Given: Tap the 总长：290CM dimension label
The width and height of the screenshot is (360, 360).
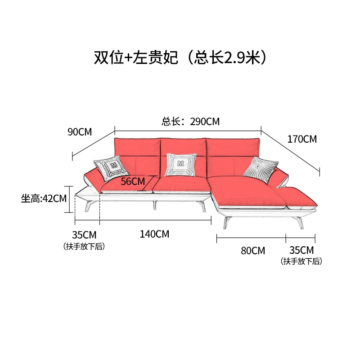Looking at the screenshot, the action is (x=191, y=121).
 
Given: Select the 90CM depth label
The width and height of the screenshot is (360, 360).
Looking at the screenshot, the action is (x=80, y=132).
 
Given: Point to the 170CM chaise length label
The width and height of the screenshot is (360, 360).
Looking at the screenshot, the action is (x=302, y=139).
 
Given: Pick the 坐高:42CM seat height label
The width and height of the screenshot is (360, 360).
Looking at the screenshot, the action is (x=44, y=198).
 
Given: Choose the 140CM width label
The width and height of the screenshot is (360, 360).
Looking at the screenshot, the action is (x=154, y=234).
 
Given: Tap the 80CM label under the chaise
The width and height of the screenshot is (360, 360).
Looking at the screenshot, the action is (x=253, y=251).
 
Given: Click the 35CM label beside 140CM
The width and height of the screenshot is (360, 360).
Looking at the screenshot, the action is (x=84, y=235).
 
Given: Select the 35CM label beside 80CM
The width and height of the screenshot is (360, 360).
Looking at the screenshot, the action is (x=301, y=250).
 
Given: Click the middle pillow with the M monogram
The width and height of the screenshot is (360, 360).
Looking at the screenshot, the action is (x=181, y=165).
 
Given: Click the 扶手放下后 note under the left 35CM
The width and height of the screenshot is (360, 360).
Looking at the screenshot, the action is (x=84, y=246).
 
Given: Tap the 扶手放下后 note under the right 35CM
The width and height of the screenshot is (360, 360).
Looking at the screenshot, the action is (x=301, y=261).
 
